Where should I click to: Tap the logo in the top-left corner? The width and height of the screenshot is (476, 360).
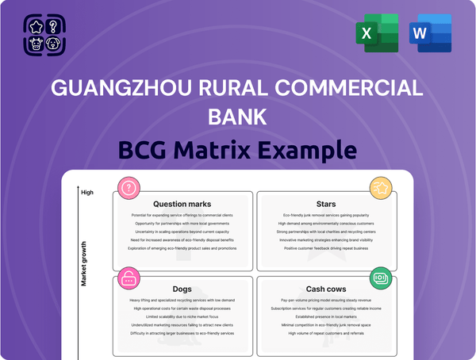pyautogui.click(x=44, y=36)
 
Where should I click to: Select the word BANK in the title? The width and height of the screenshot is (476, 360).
pyautogui.click(x=237, y=117)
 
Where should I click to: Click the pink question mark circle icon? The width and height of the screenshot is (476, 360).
pyautogui.click(x=129, y=188)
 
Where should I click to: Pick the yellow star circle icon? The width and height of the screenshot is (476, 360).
pyautogui.click(x=380, y=188)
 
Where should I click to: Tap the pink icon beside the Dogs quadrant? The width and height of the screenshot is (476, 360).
pyautogui.click(x=129, y=278)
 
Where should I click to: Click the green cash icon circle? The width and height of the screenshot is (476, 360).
pyautogui.click(x=380, y=278)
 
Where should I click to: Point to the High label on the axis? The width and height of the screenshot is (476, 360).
pyautogui.click(x=87, y=192)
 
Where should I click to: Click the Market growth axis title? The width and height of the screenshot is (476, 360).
pyautogui.click(x=83, y=262)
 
